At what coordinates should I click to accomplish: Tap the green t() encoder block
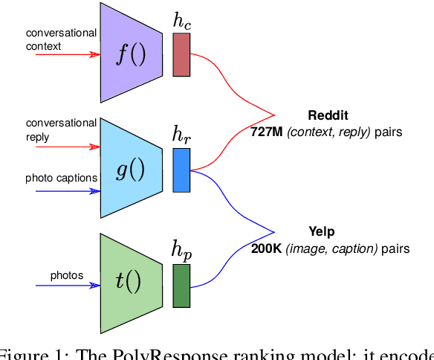(131, 280)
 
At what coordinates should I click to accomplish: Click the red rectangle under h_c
(181, 54)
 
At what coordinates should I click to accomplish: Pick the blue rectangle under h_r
(181, 170)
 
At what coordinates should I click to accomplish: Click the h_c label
(181, 21)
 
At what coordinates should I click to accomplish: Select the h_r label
(181, 135)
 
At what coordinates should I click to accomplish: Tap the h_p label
(181, 251)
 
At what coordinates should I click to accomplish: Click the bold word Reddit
(328, 116)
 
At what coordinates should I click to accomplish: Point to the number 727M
(267, 132)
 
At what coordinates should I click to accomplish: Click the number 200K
(265, 248)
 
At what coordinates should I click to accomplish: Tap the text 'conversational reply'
(61, 129)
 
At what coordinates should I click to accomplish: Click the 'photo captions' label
(61, 178)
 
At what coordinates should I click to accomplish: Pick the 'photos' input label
(67, 275)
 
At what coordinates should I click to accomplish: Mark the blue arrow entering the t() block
(67, 286)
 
